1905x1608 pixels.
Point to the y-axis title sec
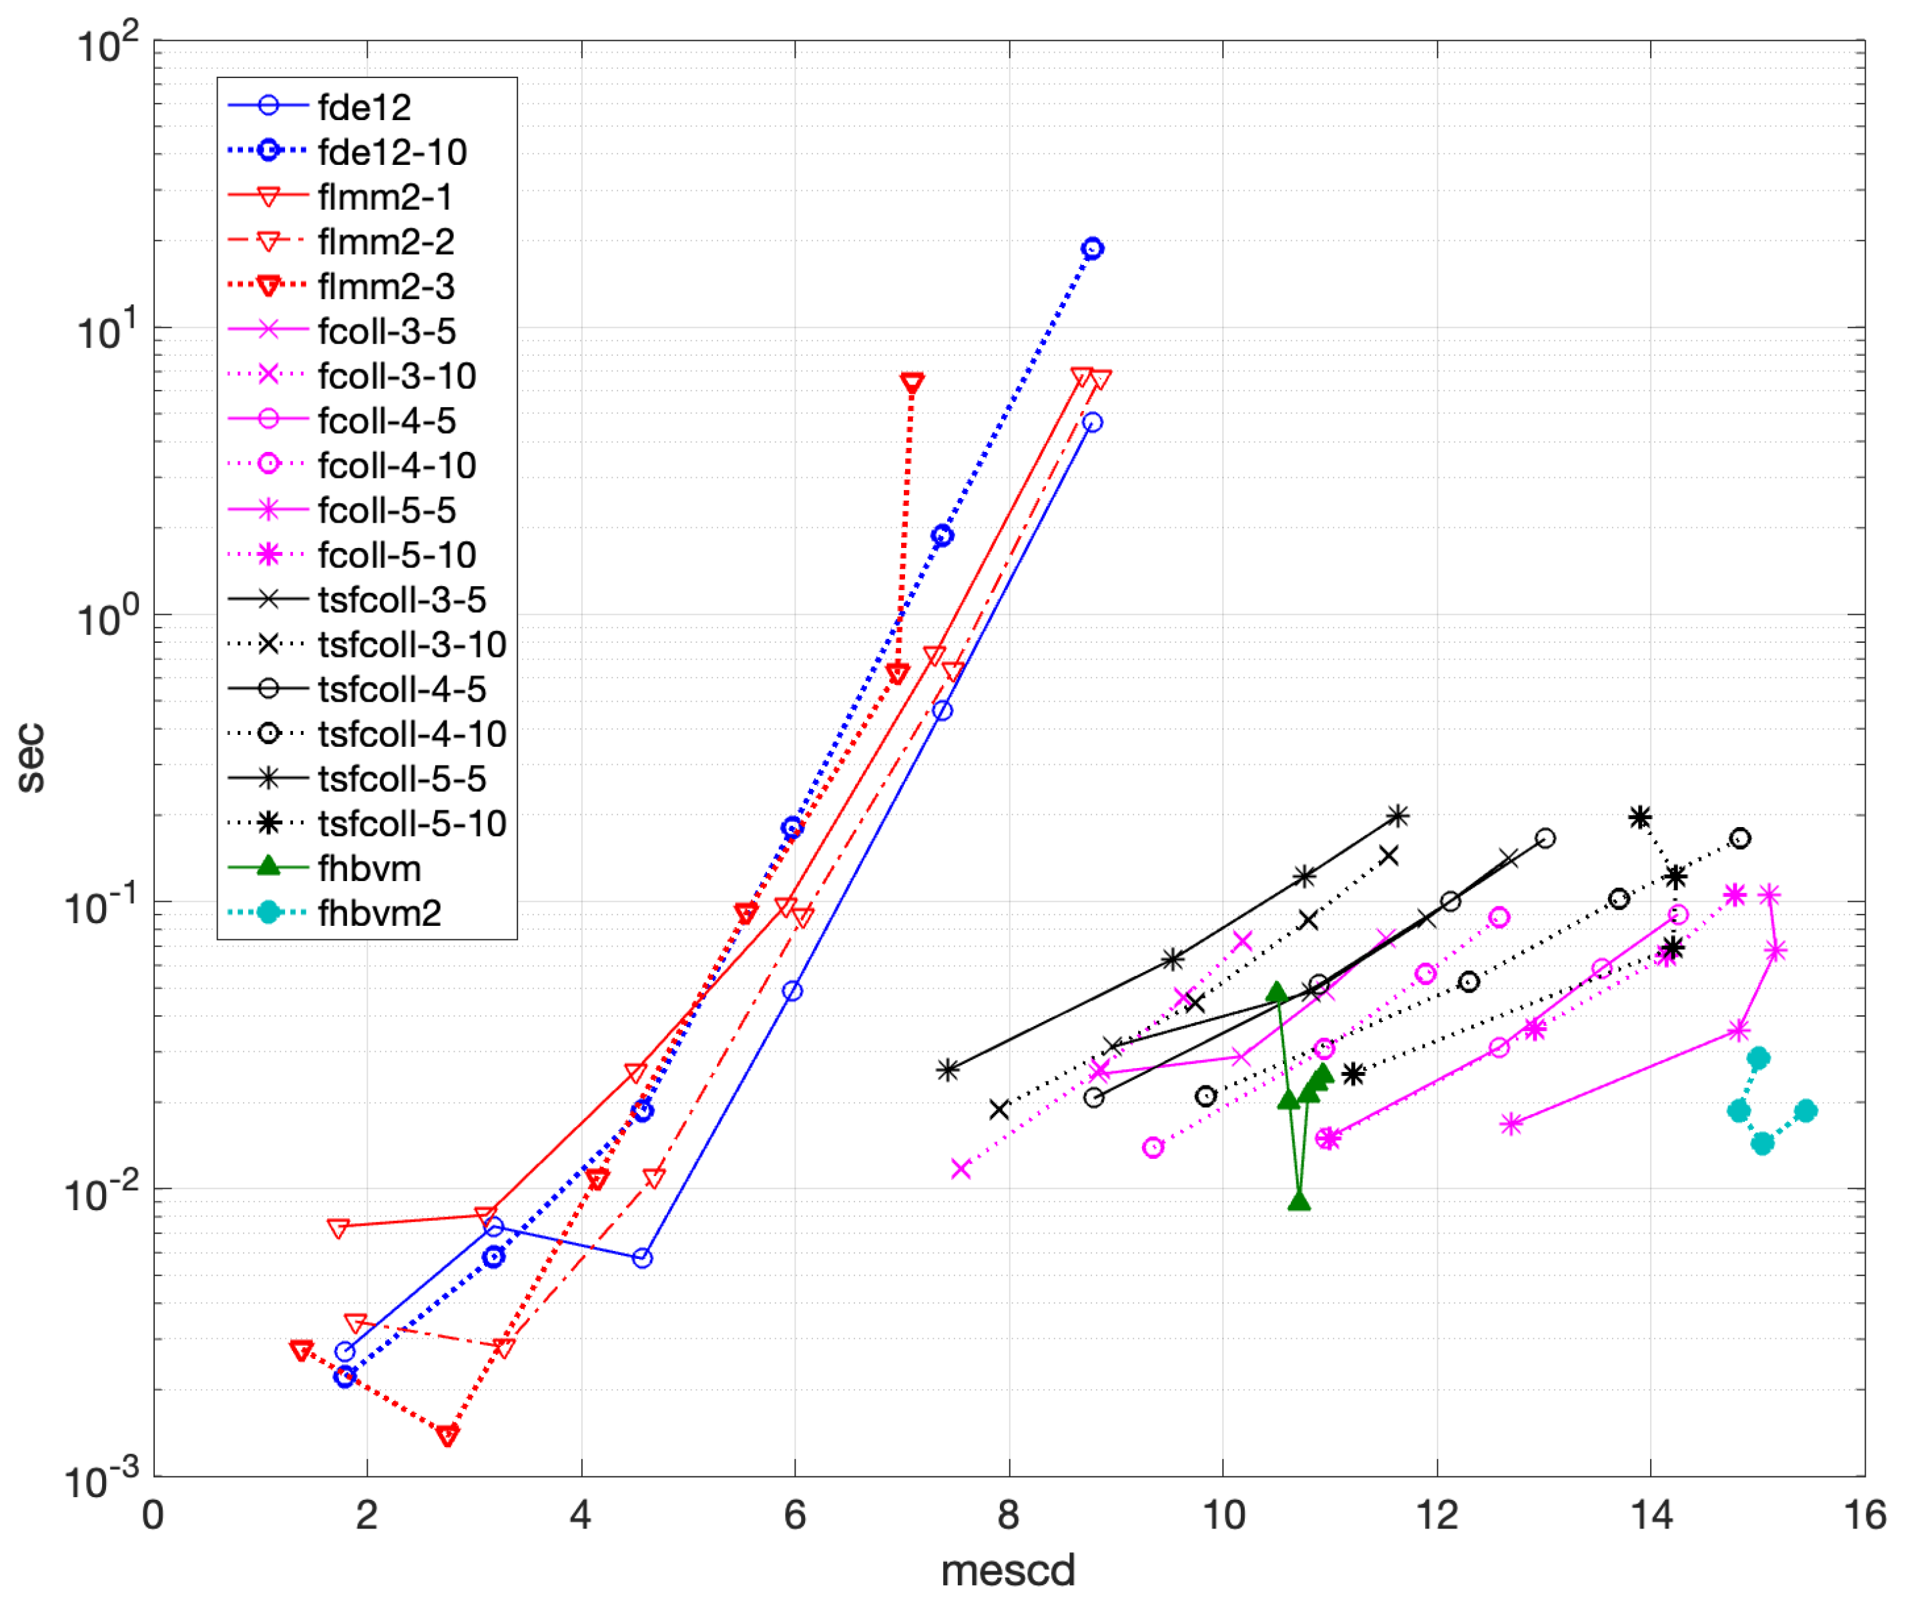(31, 756)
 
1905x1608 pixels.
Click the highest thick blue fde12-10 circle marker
(1092, 248)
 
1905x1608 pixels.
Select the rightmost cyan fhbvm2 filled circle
(1805, 1110)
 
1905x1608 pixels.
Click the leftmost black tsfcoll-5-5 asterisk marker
(948, 1069)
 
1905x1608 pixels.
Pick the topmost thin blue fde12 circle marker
(1092, 422)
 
